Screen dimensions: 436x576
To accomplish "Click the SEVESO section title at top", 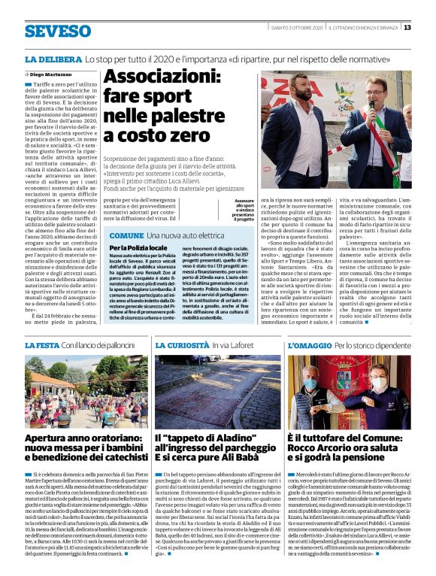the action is (x=57, y=32).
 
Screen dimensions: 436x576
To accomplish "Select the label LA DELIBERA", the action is (x=52, y=58).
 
